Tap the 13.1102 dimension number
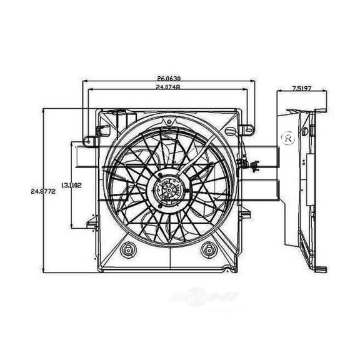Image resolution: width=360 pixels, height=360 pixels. (71, 185)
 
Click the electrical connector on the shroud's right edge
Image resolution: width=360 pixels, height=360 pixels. (252, 166)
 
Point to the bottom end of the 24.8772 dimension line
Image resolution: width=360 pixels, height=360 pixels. (43, 266)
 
